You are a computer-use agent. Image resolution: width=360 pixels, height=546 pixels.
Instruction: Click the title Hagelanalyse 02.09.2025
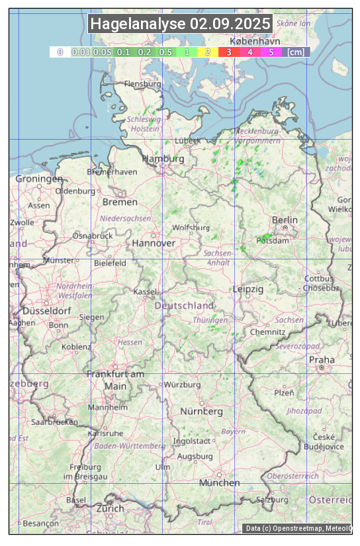180,24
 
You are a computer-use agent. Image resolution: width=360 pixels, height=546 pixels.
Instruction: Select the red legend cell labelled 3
228,52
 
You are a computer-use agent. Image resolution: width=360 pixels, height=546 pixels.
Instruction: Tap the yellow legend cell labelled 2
208,52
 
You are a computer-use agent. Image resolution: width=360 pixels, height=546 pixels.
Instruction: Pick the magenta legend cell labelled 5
271,52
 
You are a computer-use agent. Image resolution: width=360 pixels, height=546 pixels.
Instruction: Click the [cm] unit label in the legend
296,52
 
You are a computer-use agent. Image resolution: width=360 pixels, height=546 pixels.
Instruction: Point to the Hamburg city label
163,159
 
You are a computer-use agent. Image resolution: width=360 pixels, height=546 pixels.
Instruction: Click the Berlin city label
285,220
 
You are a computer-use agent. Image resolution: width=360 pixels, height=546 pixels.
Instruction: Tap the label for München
220,482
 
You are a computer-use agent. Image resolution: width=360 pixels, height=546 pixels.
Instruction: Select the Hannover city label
154,243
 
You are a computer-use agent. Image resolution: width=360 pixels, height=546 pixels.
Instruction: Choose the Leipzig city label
248,289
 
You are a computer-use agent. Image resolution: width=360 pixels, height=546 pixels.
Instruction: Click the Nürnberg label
202,411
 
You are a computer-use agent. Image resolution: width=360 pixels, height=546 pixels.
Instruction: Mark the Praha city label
322,360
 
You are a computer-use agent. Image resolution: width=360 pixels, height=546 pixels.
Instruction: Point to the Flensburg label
142,84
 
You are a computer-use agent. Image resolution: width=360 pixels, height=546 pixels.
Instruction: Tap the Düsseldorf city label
46,310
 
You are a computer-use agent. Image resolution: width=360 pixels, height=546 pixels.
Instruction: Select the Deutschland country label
184,305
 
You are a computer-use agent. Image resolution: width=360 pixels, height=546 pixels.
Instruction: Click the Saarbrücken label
54,421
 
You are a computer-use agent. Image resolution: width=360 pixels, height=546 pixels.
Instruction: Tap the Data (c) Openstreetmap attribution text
298,528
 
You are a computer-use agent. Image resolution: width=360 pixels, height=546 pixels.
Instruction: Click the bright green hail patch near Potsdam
265,237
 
